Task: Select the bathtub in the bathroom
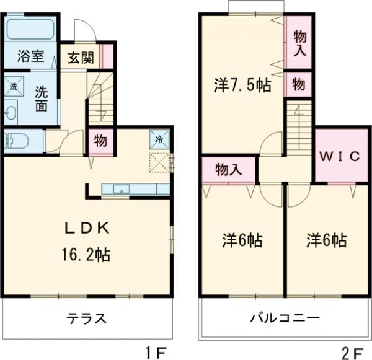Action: coord(31,29)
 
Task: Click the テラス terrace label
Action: coord(86,319)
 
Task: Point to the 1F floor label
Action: coord(157,352)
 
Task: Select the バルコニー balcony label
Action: coord(285,319)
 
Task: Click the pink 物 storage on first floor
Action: coord(99,141)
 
